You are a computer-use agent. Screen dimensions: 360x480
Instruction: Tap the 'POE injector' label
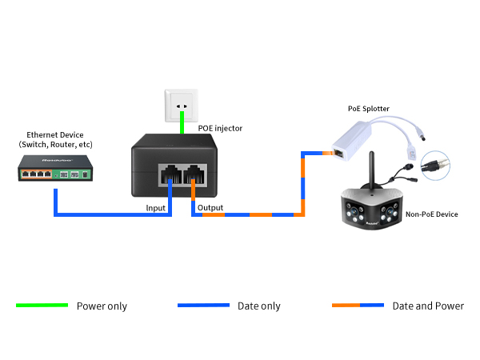point(220,128)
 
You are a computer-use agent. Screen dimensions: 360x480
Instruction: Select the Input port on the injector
point(170,175)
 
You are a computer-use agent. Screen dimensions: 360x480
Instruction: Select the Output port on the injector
point(194,175)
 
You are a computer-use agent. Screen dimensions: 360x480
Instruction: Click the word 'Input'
point(156,208)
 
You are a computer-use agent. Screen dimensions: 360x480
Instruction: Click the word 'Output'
point(210,208)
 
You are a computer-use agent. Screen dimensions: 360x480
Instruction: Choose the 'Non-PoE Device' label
point(432,214)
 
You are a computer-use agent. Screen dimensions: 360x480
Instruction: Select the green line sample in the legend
point(42,306)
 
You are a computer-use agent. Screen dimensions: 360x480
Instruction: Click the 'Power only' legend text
point(102,306)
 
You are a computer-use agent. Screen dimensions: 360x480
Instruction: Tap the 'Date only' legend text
point(259,306)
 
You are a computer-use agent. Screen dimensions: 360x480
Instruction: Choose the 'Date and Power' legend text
point(427,306)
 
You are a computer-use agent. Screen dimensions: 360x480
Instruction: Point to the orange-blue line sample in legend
point(358,306)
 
